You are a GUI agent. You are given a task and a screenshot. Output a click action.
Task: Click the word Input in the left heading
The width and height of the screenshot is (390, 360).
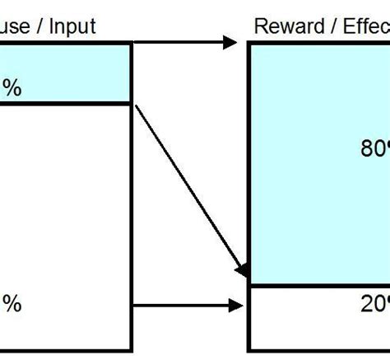click(x=73, y=26)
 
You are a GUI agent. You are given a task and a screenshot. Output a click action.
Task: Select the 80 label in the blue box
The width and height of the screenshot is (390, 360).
click(x=374, y=148)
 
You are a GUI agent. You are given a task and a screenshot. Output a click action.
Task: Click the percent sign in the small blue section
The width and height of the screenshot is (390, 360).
click(x=12, y=88)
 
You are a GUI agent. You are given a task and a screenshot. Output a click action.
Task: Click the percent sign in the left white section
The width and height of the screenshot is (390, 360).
click(x=12, y=305)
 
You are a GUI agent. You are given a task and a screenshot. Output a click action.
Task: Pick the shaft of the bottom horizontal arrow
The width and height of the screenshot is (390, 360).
click(x=181, y=306)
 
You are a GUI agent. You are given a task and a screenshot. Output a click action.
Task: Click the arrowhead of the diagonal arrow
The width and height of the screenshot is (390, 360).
click(x=243, y=271)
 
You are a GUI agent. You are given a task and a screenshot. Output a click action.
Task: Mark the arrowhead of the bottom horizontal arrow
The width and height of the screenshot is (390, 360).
click(x=236, y=306)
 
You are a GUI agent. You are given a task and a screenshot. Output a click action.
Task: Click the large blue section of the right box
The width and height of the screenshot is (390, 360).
click(x=313, y=165)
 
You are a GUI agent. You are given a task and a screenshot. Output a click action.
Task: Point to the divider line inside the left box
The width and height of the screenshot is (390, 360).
click(x=66, y=103)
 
